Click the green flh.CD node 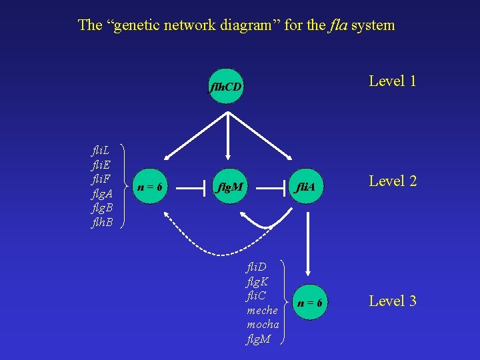[x=226, y=87]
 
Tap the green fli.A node [x=307, y=188]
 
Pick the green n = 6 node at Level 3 [x=310, y=303]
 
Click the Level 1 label [x=393, y=81]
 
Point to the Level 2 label [x=393, y=180]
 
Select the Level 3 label [x=393, y=301]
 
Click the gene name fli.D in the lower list [x=257, y=268]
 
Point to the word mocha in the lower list [x=263, y=325]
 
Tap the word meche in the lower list [x=263, y=311]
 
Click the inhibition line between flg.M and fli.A [x=271, y=188]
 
